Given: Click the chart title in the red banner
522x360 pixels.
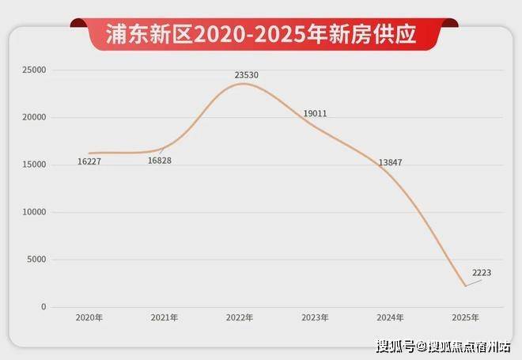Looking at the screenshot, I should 262,34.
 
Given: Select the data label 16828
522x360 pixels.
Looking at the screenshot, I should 160,161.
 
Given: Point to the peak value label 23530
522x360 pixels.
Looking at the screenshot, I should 246,75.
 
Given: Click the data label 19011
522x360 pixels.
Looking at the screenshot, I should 315,114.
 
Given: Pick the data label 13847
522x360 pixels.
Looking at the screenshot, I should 391,162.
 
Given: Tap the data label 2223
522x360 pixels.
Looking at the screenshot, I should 482,273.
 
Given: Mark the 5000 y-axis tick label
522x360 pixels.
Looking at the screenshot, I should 37,260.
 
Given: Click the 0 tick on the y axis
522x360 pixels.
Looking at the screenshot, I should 44,307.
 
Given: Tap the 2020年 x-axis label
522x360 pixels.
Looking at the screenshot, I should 89,318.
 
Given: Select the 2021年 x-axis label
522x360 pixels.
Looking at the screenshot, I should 165,318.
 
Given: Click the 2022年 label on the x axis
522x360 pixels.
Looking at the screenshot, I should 240,318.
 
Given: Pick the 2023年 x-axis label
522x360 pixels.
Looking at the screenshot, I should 315,318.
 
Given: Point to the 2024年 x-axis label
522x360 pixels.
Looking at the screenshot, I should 390,318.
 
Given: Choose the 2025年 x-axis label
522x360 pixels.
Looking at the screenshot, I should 465,318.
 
